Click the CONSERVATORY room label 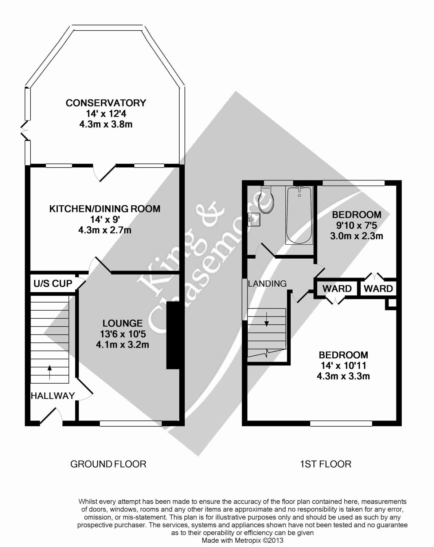106,103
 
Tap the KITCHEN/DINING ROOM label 105,209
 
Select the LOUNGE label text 122,323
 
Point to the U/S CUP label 53,283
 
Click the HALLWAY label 53,396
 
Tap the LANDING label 267,283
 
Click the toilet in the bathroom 266,200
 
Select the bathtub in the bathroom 299,215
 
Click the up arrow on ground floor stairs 50,372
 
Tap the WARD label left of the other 337,289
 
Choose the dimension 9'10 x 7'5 356,225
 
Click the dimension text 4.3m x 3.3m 343,376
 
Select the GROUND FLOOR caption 108,464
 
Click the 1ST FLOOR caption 325,464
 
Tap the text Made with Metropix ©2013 242,540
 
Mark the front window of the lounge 130,423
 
